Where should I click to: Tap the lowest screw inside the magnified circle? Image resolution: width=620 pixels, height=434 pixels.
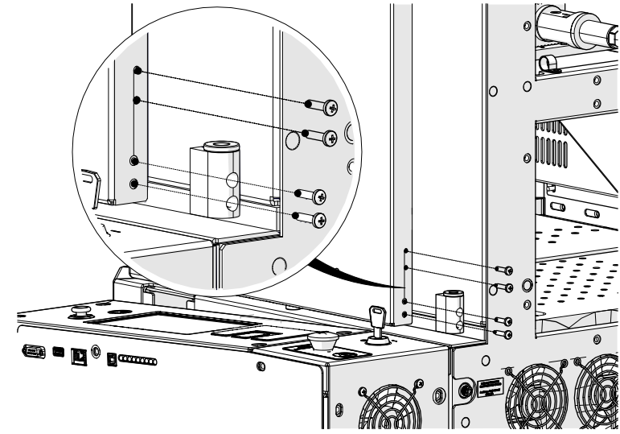click(316, 219)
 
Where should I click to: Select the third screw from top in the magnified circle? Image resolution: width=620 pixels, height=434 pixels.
click(315, 195)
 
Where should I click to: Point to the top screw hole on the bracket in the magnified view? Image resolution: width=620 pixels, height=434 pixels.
click(138, 71)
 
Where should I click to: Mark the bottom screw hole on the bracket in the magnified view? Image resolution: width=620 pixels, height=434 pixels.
click(134, 184)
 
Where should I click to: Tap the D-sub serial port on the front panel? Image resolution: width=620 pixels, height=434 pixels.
click(35, 350)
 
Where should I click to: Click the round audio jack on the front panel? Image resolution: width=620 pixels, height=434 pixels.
click(96, 351)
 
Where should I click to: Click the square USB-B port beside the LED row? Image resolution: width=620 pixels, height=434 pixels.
click(112, 358)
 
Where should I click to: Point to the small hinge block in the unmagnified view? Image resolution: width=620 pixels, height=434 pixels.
click(448, 310)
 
